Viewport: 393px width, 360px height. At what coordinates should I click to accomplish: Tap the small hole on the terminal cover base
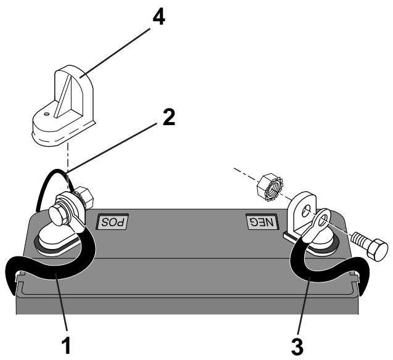click(47, 113)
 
